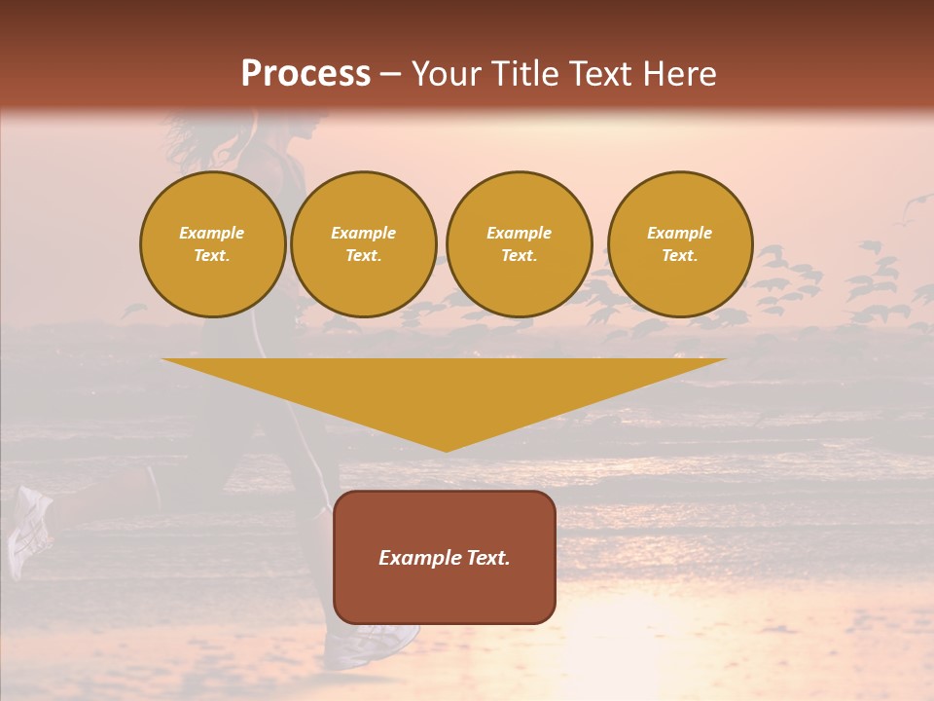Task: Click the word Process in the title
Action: [305, 74]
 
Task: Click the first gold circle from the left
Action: [212, 244]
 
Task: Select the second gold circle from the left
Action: [364, 244]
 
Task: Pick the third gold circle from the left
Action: [520, 244]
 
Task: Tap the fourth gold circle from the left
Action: [680, 244]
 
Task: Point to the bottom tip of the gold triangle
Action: [446, 449]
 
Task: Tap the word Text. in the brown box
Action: [485, 558]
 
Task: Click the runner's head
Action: [292, 131]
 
